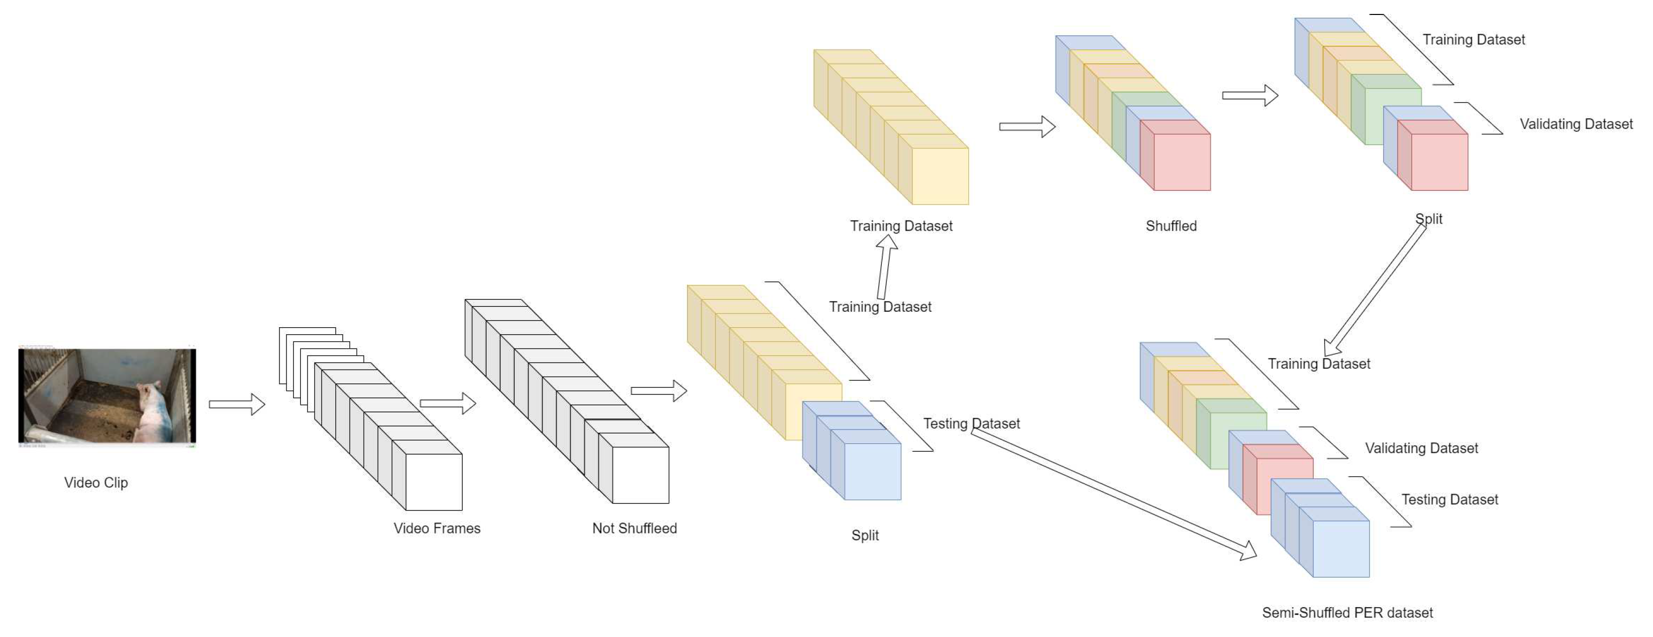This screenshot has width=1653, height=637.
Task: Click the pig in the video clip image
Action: click(151, 410)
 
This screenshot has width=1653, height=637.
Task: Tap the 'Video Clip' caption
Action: click(96, 483)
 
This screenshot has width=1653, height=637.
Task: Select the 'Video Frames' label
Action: click(436, 528)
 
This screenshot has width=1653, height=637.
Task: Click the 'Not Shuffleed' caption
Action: click(634, 528)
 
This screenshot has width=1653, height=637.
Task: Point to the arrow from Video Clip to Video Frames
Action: click(237, 404)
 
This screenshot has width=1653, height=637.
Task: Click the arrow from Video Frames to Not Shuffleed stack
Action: click(447, 403)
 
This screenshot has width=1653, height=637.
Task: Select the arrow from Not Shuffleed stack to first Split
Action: click(659, 390)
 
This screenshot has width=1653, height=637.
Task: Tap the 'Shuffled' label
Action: click(1171, 226)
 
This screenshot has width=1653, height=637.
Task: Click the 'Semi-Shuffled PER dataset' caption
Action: click(1347, 613)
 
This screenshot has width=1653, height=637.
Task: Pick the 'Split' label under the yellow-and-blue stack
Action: click(864, 535)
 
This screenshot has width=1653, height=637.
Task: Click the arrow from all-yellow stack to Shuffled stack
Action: click(1027, 127)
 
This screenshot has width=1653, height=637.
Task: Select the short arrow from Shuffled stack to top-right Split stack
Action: click(1249, 96)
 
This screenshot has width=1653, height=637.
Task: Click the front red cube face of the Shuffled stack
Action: click(1182, 162)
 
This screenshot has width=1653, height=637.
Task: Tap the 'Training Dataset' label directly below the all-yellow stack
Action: click(901, 226)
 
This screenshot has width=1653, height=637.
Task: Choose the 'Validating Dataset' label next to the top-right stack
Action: click(1576, 124)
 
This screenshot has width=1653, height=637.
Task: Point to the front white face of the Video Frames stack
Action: click(434, 483)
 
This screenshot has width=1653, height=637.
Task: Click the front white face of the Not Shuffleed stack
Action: click(640, 475)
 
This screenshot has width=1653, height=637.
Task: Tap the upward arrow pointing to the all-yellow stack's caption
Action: click(884, 266)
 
